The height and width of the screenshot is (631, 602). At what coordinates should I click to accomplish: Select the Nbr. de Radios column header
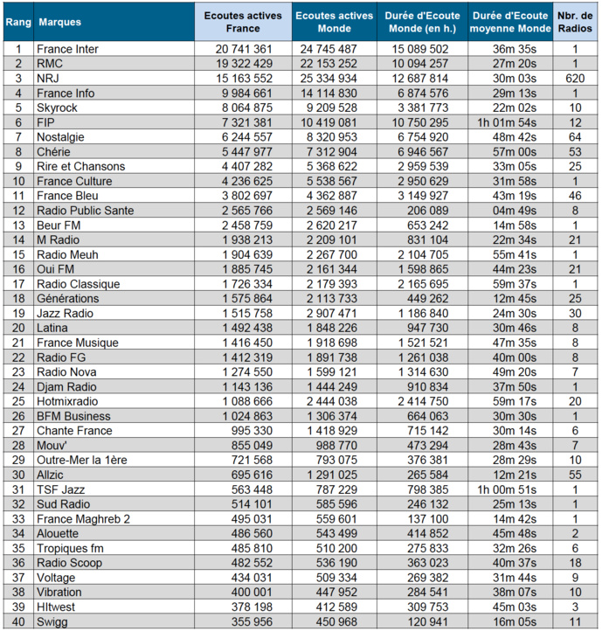tap(576, 22)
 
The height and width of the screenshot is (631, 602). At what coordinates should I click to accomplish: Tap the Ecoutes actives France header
tap(237, 22)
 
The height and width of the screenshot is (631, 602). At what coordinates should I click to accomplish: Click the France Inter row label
tap(68, 49)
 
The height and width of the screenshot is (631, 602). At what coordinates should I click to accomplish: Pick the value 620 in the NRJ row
tap(574, 79)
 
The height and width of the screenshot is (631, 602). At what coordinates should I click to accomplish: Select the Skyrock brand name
tap(59, 107)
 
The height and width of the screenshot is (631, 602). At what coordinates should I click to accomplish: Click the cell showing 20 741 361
tap(244, 49)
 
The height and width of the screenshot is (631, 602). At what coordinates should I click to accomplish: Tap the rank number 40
tap(17, 621)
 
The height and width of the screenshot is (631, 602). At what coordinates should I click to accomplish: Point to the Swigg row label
tap(53, 621)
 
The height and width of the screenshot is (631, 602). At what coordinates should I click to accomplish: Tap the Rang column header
tap(17, 22)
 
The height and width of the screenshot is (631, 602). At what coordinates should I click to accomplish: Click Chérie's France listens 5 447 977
tap(244, 152)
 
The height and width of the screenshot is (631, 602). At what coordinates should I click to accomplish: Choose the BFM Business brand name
tap(73, 416)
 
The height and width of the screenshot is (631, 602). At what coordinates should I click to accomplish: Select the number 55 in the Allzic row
tap(574, 475)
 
